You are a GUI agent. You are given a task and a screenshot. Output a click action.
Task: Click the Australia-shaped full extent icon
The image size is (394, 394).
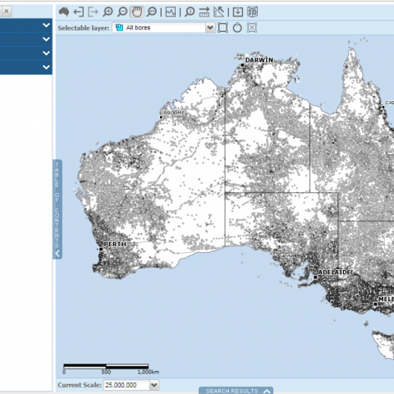(64, 11)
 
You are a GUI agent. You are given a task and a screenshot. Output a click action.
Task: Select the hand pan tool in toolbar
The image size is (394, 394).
(136, 11)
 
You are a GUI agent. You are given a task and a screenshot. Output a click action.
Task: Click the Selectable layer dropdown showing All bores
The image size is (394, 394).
(163, 27)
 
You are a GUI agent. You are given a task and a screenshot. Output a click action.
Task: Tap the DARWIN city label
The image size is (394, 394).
(259, 60)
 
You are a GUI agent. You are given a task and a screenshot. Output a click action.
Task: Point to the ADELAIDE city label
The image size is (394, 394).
(337, 272)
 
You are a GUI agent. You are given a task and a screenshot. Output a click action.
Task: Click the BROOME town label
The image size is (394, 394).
(175, 112)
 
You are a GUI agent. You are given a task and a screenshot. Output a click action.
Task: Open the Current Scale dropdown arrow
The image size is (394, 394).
(154, 385)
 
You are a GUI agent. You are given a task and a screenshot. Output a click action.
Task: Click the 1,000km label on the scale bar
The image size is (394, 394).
(147, 372)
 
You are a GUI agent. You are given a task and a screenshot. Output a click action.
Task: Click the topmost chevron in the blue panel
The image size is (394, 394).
(46, 25)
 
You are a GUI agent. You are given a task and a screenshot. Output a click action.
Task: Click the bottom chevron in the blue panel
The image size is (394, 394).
(46, 66)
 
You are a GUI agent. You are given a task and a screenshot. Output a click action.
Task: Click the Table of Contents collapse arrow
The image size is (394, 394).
(57, 254)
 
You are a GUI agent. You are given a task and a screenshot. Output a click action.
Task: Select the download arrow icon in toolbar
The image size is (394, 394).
(237, 11)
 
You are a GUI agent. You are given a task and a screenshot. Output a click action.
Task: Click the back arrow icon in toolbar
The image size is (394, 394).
(79, 11)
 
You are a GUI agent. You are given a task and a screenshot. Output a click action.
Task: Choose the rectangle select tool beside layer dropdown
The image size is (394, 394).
(222, 27)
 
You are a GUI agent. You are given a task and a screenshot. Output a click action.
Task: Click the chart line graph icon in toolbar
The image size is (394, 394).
(170, 11)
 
